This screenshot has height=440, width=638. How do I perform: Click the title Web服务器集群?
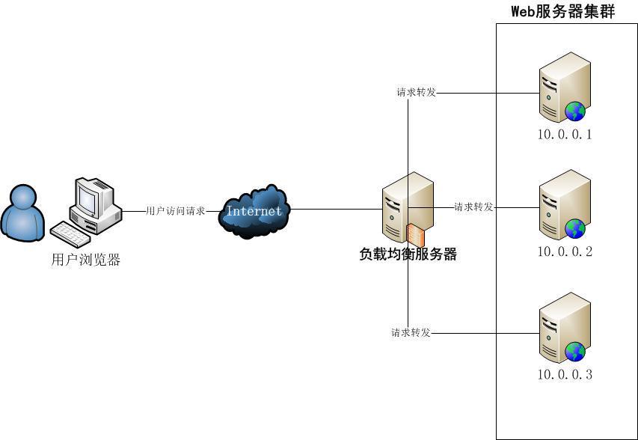pyautogui.click(x=562, y=11)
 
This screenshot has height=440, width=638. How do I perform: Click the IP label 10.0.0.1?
pyautogui.click(x=565, y=135)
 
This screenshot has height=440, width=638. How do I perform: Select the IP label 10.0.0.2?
pyautogui.click(x=565, y=252)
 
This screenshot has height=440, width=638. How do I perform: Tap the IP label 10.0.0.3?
pyautogui.click(x=565, y=374)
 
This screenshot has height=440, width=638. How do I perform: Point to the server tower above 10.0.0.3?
pyautogui.click(x=562, y=326)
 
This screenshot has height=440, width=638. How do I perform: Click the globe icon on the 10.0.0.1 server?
pyautogui.click(x=575, y=111)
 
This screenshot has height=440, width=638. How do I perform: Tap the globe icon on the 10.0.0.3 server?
pyautogui.click(x=575, y=351)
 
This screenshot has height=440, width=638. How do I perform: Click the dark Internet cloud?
pyautogui.click(x=254, y=211)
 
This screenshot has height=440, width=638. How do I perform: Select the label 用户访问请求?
pyautogui.click(x=175, y=211)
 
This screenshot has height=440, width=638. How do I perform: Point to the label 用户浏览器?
pyautogui.click(x=86, y=260)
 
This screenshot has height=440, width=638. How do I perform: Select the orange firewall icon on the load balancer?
pyautogui.click(x=416, y=233)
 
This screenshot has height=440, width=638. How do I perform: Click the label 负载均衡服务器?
pyautogui.click(x=408, y=254)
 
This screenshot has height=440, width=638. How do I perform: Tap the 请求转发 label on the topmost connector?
pyautogui.click(x=416, y=93)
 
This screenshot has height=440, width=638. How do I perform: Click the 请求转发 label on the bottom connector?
pyautogui.click(x=411, y=332)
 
